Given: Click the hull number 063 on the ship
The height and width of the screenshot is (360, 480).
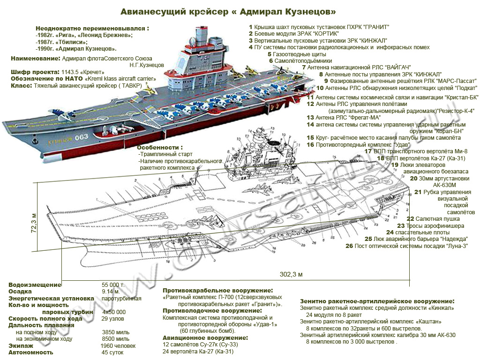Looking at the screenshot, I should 81,137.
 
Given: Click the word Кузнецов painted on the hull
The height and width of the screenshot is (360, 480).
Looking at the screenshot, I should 59,139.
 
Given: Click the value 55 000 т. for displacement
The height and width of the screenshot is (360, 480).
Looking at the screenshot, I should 113,285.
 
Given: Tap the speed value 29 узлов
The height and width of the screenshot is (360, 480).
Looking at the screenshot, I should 113,319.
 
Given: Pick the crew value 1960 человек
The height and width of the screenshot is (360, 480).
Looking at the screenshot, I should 119,345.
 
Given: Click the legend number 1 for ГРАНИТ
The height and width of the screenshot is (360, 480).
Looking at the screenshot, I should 251,27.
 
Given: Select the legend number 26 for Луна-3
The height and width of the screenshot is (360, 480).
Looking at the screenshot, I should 349,246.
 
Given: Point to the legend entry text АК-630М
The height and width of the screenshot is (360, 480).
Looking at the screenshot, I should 444,185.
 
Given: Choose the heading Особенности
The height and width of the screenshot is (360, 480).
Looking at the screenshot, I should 159,147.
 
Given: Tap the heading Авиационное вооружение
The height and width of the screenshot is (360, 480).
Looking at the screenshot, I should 205,337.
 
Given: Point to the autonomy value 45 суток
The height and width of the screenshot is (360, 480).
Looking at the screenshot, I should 112,352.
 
